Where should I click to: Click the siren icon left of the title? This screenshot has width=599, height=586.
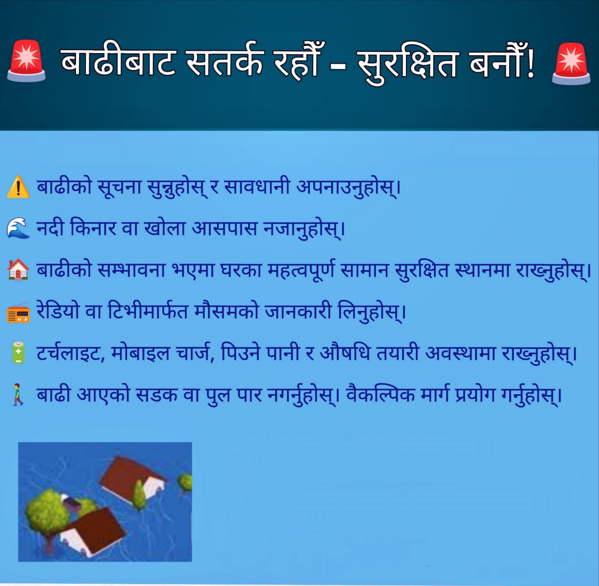pyautogui.click(x=26, y=61)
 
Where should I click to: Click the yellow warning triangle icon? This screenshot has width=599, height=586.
pyautogui.click(x=18, y=187)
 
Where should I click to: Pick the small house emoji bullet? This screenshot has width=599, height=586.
pyautogui.click(x=18, y=270)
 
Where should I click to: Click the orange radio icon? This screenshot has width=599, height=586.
pyautogui.click(x=18, y=312)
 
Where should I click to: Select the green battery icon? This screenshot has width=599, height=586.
pyautogui.click(x=18, y=353)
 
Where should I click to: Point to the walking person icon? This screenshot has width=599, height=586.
pyautogui.click(x=18, y=394)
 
